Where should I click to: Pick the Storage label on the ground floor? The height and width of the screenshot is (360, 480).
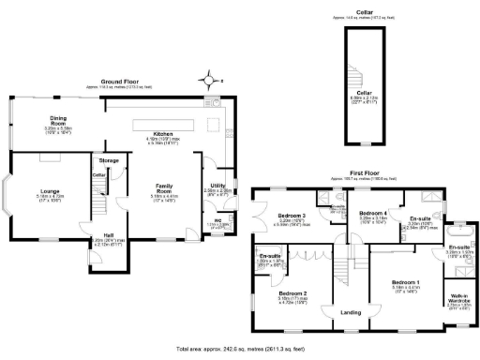coord(110,160)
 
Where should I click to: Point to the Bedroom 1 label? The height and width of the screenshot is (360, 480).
coord(406,282)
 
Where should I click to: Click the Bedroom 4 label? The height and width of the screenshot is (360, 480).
coord(373,213)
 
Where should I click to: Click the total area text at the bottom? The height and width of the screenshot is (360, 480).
coord(240,347)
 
